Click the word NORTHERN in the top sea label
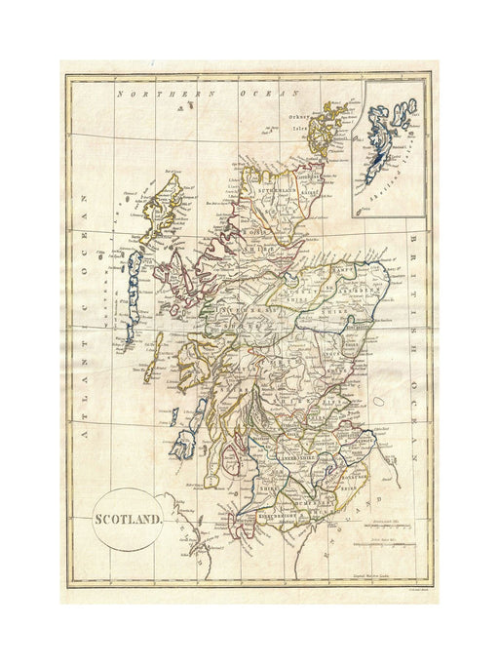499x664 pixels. (147, 94)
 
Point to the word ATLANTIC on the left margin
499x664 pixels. (83, 293)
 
